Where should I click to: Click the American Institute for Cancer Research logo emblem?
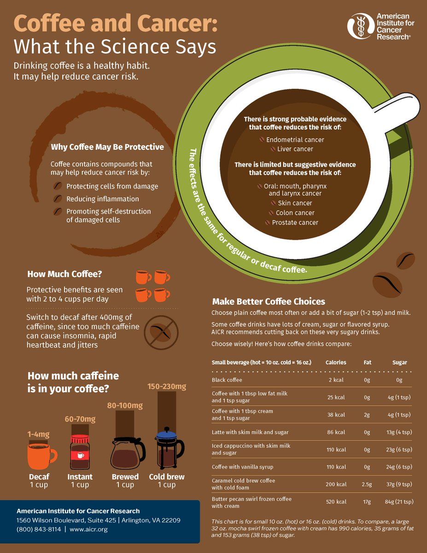(x=361, y=26)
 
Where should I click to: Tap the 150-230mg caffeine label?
(x=167, y=386)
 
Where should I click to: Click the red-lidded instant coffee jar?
(x=80, y=452)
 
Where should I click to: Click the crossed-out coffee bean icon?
(x=161, y=332)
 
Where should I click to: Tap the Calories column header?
(x=336, y=362)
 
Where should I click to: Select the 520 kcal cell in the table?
(x=336, y=501)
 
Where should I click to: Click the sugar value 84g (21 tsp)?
(x=399, y=501)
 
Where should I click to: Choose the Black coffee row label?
(x=227, y=380)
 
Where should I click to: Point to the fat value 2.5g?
(x=367, y=484)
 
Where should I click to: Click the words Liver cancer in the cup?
(x=295, y=149)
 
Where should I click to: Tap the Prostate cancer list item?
(x=295, y=223)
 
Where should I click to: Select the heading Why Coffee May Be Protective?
(x=107, y=147)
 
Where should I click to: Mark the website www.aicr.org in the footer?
(x=88, y=529)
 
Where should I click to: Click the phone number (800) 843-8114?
(x=39, y=529)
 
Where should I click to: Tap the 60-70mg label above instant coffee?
(x=80, y=419)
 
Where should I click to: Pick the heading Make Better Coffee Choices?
(x=269, y=301)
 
